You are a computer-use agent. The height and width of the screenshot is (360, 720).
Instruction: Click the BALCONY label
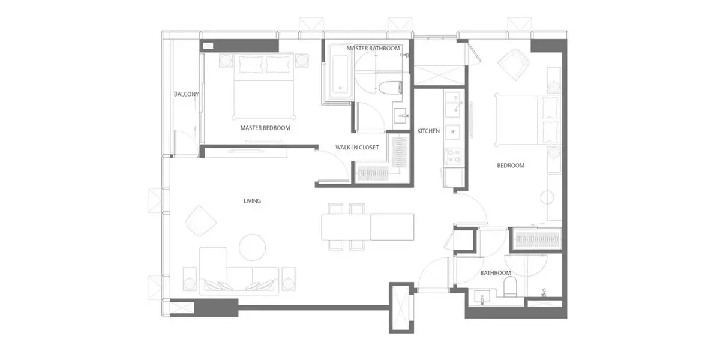186,94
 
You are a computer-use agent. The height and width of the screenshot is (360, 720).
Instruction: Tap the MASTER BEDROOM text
265,128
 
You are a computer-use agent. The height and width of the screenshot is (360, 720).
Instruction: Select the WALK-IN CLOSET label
357,147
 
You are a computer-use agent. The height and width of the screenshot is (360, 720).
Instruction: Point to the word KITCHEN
428,131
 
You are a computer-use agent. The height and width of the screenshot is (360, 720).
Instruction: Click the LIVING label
253,201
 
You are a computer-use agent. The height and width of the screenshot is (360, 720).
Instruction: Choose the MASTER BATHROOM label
373,48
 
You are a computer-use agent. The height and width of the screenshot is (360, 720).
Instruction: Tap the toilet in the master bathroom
390,88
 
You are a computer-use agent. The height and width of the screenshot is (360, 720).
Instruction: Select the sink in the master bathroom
401,115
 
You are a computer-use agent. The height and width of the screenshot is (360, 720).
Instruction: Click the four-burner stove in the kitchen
453,156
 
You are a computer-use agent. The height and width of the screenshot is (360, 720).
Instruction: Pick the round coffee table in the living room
253,247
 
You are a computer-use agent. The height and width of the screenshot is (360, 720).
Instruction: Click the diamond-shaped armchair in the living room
201,221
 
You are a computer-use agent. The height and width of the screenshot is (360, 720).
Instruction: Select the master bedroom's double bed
263,85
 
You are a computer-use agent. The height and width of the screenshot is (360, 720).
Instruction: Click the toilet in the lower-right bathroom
510,286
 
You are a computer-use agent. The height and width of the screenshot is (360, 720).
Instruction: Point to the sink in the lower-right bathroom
482,298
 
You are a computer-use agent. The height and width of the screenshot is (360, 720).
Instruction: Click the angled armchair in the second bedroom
514,64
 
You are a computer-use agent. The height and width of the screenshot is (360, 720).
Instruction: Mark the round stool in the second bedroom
547,197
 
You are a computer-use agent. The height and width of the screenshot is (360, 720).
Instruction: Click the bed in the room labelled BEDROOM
528,119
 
